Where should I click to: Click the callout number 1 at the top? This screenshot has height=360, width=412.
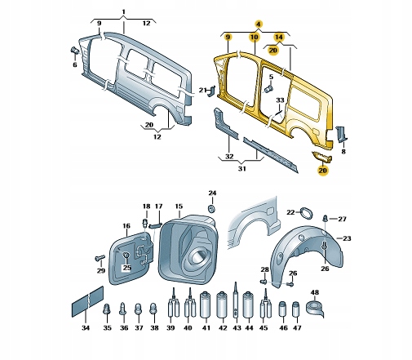point(124,12)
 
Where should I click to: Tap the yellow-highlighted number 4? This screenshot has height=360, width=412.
point(259,24)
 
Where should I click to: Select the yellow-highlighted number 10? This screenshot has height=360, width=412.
point(255,37)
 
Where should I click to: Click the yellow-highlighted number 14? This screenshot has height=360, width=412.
point(279,37)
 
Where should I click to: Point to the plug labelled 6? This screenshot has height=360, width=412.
point(75,51)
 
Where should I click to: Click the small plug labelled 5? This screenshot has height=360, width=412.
point(269,89)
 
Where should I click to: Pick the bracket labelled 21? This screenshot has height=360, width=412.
point(211,91)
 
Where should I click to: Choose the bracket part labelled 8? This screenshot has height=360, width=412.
point(341,134)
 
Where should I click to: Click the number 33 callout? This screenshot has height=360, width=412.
point(280,100)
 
